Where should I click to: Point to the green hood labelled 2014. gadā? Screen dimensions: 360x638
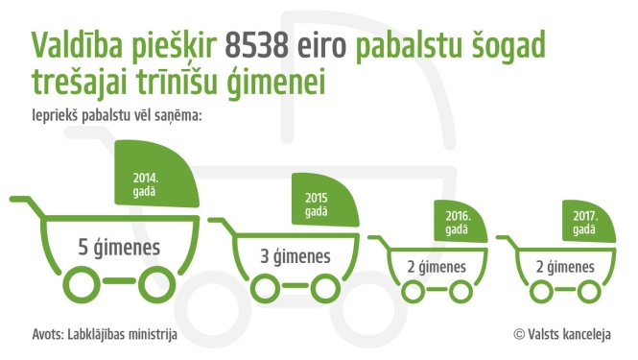(157, 180)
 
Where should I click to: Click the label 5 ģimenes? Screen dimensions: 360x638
(119, 248)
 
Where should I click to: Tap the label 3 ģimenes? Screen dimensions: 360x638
(295, 256)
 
